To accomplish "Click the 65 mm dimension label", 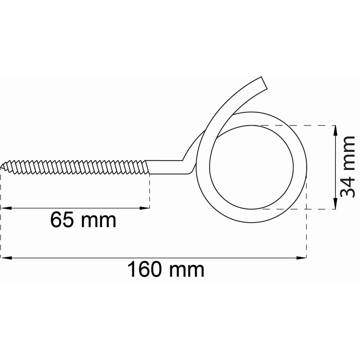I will point(83,220).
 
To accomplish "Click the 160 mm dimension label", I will point(166,270).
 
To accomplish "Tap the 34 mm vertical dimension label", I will point(348,167).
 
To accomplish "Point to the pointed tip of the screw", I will point(2,166).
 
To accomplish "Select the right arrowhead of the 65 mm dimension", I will point(146,208).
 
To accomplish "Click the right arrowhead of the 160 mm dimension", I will point(302,258).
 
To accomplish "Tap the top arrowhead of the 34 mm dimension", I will point(335,130).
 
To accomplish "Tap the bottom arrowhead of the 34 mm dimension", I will point(335,205).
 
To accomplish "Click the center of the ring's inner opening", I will point(251,167).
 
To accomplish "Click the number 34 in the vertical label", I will point(348,185).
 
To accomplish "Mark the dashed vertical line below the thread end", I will point(149,191).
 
